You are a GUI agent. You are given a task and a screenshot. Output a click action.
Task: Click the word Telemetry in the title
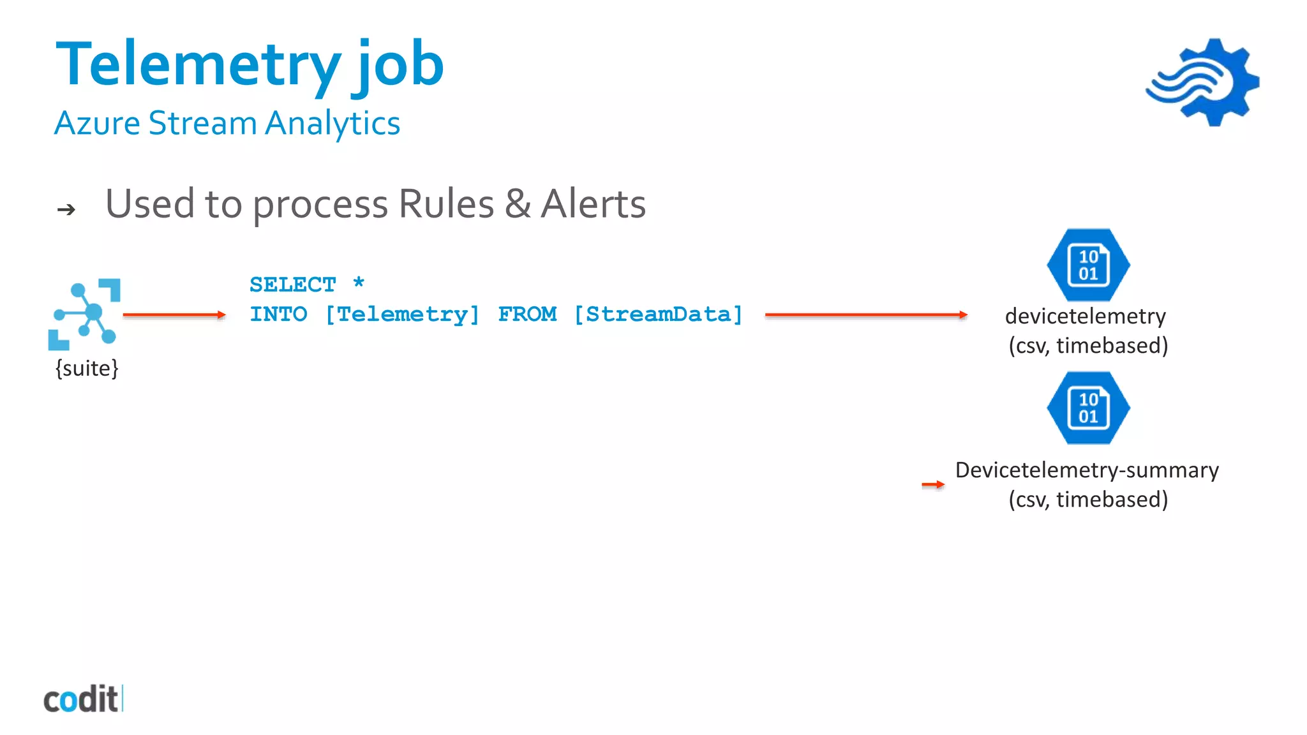click(198, 64)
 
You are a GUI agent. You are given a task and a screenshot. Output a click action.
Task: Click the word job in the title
click(398, 64)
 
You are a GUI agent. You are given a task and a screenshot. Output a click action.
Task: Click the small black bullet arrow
click(66, 209)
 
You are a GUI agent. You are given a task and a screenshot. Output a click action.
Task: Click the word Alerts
click(593, 204)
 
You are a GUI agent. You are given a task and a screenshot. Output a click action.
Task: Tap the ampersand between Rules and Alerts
click(518, 204)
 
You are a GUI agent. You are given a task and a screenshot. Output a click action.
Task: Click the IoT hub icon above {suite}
click(84, 314)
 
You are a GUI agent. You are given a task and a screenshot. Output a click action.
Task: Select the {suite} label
click(87, 368)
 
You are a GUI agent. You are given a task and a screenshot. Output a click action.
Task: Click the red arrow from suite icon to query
click(174, 315)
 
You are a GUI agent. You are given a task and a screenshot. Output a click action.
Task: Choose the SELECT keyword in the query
click(292, 285)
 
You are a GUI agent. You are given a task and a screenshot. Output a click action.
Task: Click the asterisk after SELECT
click(359, 283)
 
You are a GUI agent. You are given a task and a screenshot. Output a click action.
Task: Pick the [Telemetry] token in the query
click(402, 315)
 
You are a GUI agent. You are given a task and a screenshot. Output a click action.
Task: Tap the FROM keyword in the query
click(527, 315)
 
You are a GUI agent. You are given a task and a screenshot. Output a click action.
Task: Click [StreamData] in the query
click(658, 315)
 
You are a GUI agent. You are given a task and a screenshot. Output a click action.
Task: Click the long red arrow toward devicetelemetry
click(866, 315)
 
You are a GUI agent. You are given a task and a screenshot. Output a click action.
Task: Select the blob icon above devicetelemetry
click(1088, 265)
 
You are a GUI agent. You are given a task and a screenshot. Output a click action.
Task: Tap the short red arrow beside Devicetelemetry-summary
click(933, 485)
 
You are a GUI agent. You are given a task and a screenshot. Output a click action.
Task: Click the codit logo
click(82, 699)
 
